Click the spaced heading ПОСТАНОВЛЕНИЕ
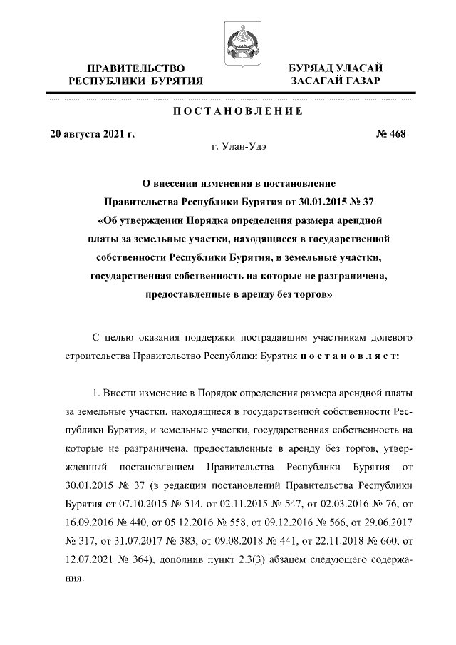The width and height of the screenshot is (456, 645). (x=228, y=111)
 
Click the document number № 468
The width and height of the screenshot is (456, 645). (x=390, y=134)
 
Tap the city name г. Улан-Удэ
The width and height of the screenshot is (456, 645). (x=240, y=148)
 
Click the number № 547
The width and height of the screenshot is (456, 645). (x=255, y=504)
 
